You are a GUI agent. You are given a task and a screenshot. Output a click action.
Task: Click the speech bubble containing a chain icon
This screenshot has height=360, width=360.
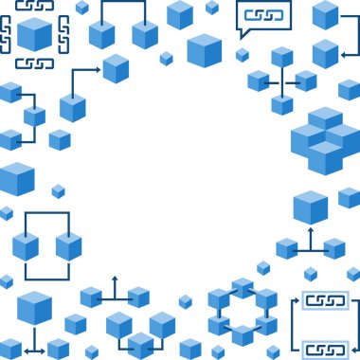(x=263, y=16)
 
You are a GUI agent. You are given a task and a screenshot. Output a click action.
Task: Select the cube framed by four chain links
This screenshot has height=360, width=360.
(x=35, y=35)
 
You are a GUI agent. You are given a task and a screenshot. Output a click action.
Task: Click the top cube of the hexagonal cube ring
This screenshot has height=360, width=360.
(x=243, y=287)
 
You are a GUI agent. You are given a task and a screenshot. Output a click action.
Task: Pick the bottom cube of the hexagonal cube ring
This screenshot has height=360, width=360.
(x=243, y=334)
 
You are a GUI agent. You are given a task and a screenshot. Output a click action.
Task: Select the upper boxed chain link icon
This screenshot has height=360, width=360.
(x=325, y=302)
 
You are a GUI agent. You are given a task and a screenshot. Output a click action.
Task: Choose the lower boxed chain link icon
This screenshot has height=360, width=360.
(x=325, y=349)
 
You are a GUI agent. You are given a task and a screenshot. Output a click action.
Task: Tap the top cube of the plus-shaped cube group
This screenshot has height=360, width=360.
(x=282, y=57)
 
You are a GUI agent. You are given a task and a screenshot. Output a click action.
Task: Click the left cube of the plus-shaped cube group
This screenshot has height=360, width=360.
(x=258, y=81)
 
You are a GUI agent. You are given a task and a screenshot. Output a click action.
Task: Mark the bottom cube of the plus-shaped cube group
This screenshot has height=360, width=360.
(x=282, y=104)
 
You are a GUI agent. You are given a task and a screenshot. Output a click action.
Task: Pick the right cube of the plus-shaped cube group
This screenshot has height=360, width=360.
(x=306, y=81)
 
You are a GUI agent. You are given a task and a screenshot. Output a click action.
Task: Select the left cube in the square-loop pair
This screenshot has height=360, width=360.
(x=26, y=246)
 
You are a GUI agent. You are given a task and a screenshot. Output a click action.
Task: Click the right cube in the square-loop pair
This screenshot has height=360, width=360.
(x=69, y=246)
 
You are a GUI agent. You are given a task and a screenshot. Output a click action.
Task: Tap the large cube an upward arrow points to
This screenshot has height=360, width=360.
(x=310, y=207)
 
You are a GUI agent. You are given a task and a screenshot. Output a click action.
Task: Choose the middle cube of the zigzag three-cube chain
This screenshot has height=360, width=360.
(x=34, y=117)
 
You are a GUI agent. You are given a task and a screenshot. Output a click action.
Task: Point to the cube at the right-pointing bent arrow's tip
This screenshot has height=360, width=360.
(x=116, y=68)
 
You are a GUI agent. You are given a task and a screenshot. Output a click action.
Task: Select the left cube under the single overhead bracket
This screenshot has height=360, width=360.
(x=101, y=35)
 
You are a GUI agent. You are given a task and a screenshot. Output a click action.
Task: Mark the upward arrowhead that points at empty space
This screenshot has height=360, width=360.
(x=115, y=279)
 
